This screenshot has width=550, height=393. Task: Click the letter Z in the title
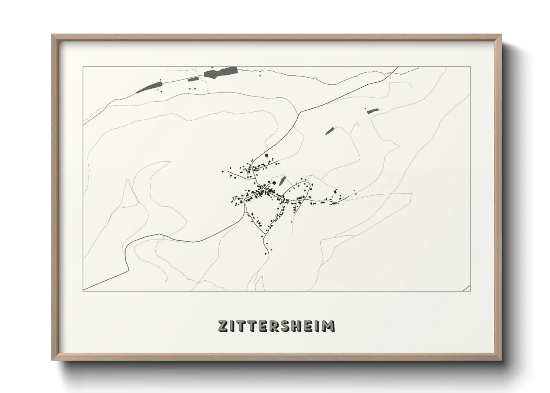click(223, 326)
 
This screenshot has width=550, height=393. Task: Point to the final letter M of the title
click(329, 326)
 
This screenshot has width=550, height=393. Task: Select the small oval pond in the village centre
click(282, 181)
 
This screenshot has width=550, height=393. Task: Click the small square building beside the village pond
click(275, 183)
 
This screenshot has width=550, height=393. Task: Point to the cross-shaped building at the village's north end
click(266, 155)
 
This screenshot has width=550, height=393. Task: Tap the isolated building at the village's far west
click(223, 172)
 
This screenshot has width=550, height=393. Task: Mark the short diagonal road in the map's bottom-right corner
click(466, 288)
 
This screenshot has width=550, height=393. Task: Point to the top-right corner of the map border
click(470, 67)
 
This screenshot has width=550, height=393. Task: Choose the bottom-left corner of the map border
click(83, 291)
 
